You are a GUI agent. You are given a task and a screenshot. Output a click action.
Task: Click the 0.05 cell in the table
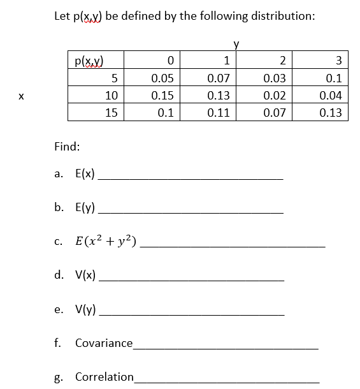pos(163,78)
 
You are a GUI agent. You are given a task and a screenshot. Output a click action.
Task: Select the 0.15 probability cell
pos(163,96)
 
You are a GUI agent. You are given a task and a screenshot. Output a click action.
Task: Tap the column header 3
pos(338,61)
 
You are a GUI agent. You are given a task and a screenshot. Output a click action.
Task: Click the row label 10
pos(111,96)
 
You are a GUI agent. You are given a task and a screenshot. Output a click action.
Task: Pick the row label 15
pos(111,113)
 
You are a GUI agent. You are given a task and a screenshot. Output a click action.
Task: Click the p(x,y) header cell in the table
pos(89,61)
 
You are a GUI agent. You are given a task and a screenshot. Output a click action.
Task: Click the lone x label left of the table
pos(21,96)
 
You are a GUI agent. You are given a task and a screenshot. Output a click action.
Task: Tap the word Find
pos(67,146)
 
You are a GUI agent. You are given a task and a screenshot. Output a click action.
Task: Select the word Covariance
pos(104,343)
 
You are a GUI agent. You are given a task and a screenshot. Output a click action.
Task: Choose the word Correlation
pos(104,376)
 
